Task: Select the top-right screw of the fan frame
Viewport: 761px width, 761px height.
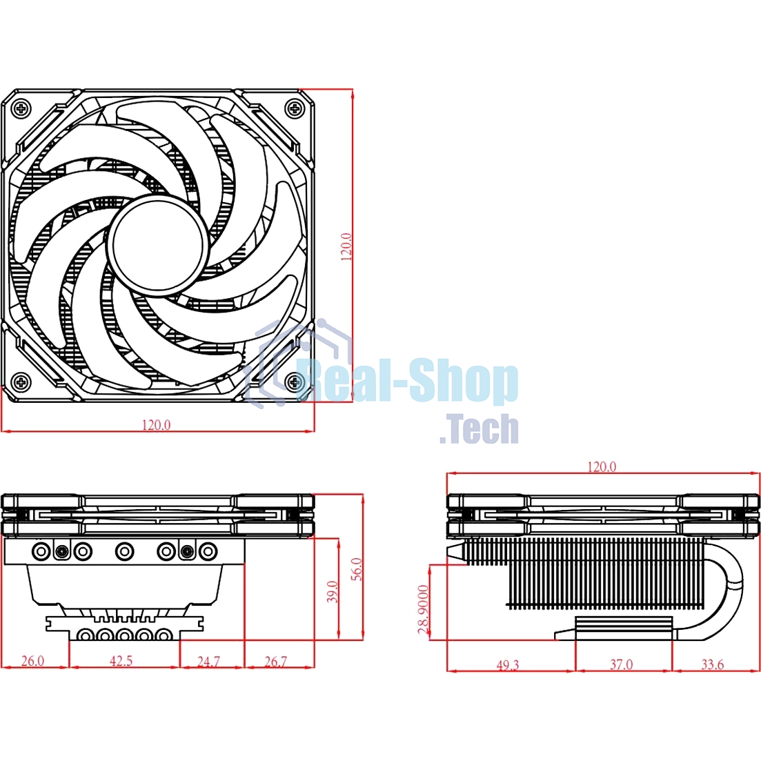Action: [296, 108]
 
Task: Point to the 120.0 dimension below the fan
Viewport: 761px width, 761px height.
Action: [156, 425]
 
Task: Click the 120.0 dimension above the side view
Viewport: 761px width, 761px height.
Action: [602, 467]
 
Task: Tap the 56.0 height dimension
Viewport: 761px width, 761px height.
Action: [356, 569]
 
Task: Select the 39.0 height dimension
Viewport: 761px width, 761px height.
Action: [333, 591]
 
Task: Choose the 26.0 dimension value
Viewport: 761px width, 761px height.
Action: [32, 660]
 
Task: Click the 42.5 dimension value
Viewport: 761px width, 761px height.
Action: [121, 660]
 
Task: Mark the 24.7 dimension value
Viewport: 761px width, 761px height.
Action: [208, 661]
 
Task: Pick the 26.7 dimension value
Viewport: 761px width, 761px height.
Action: [275, 661]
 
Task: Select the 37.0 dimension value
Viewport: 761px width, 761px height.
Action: [621, 664]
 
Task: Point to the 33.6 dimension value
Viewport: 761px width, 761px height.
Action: [712, 664]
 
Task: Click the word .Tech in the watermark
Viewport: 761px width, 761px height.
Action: [479, 429]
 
